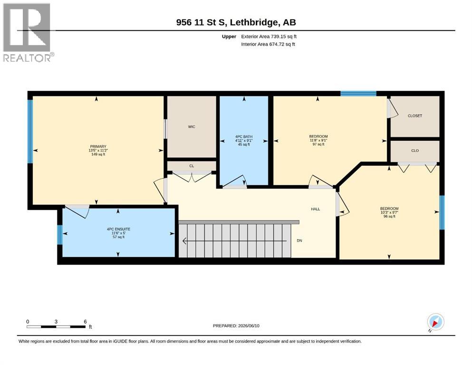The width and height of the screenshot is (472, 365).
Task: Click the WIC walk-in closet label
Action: (x=192, y=127)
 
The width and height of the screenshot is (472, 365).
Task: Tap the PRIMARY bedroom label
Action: (x=98, y=146)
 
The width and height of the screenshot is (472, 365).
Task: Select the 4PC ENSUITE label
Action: (x=119, y=229)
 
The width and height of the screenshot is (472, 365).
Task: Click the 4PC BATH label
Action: (x=244, y=136)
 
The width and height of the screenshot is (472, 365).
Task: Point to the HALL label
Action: (x=316, y=209)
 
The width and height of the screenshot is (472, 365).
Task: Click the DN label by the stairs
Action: (x=299, y=240)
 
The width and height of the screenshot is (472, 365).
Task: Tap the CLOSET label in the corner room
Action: (x=415, y=115)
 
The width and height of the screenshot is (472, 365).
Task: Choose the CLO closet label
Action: (x=415, y=151)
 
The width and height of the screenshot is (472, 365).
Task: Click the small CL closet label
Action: (x=192, y=166)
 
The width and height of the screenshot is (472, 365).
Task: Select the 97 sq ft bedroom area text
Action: (x=318, y=144)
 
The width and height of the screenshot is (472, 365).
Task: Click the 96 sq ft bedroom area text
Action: (x=389, y=216)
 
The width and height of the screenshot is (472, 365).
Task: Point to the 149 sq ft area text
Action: (x=98, y=154)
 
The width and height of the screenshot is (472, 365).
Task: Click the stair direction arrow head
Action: (x=184, y=241)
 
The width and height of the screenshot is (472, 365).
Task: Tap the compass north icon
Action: (x=435, y=322)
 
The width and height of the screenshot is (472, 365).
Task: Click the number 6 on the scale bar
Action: (x=85, y=321)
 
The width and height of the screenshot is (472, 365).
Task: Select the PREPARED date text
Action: (x=236, y=326)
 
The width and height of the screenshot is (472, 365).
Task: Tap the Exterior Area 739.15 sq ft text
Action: (x=269, y=37)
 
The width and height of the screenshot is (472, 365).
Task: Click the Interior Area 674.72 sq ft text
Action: (x=268, y=44)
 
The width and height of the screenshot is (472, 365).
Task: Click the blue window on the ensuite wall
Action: (x=60, y=235)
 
